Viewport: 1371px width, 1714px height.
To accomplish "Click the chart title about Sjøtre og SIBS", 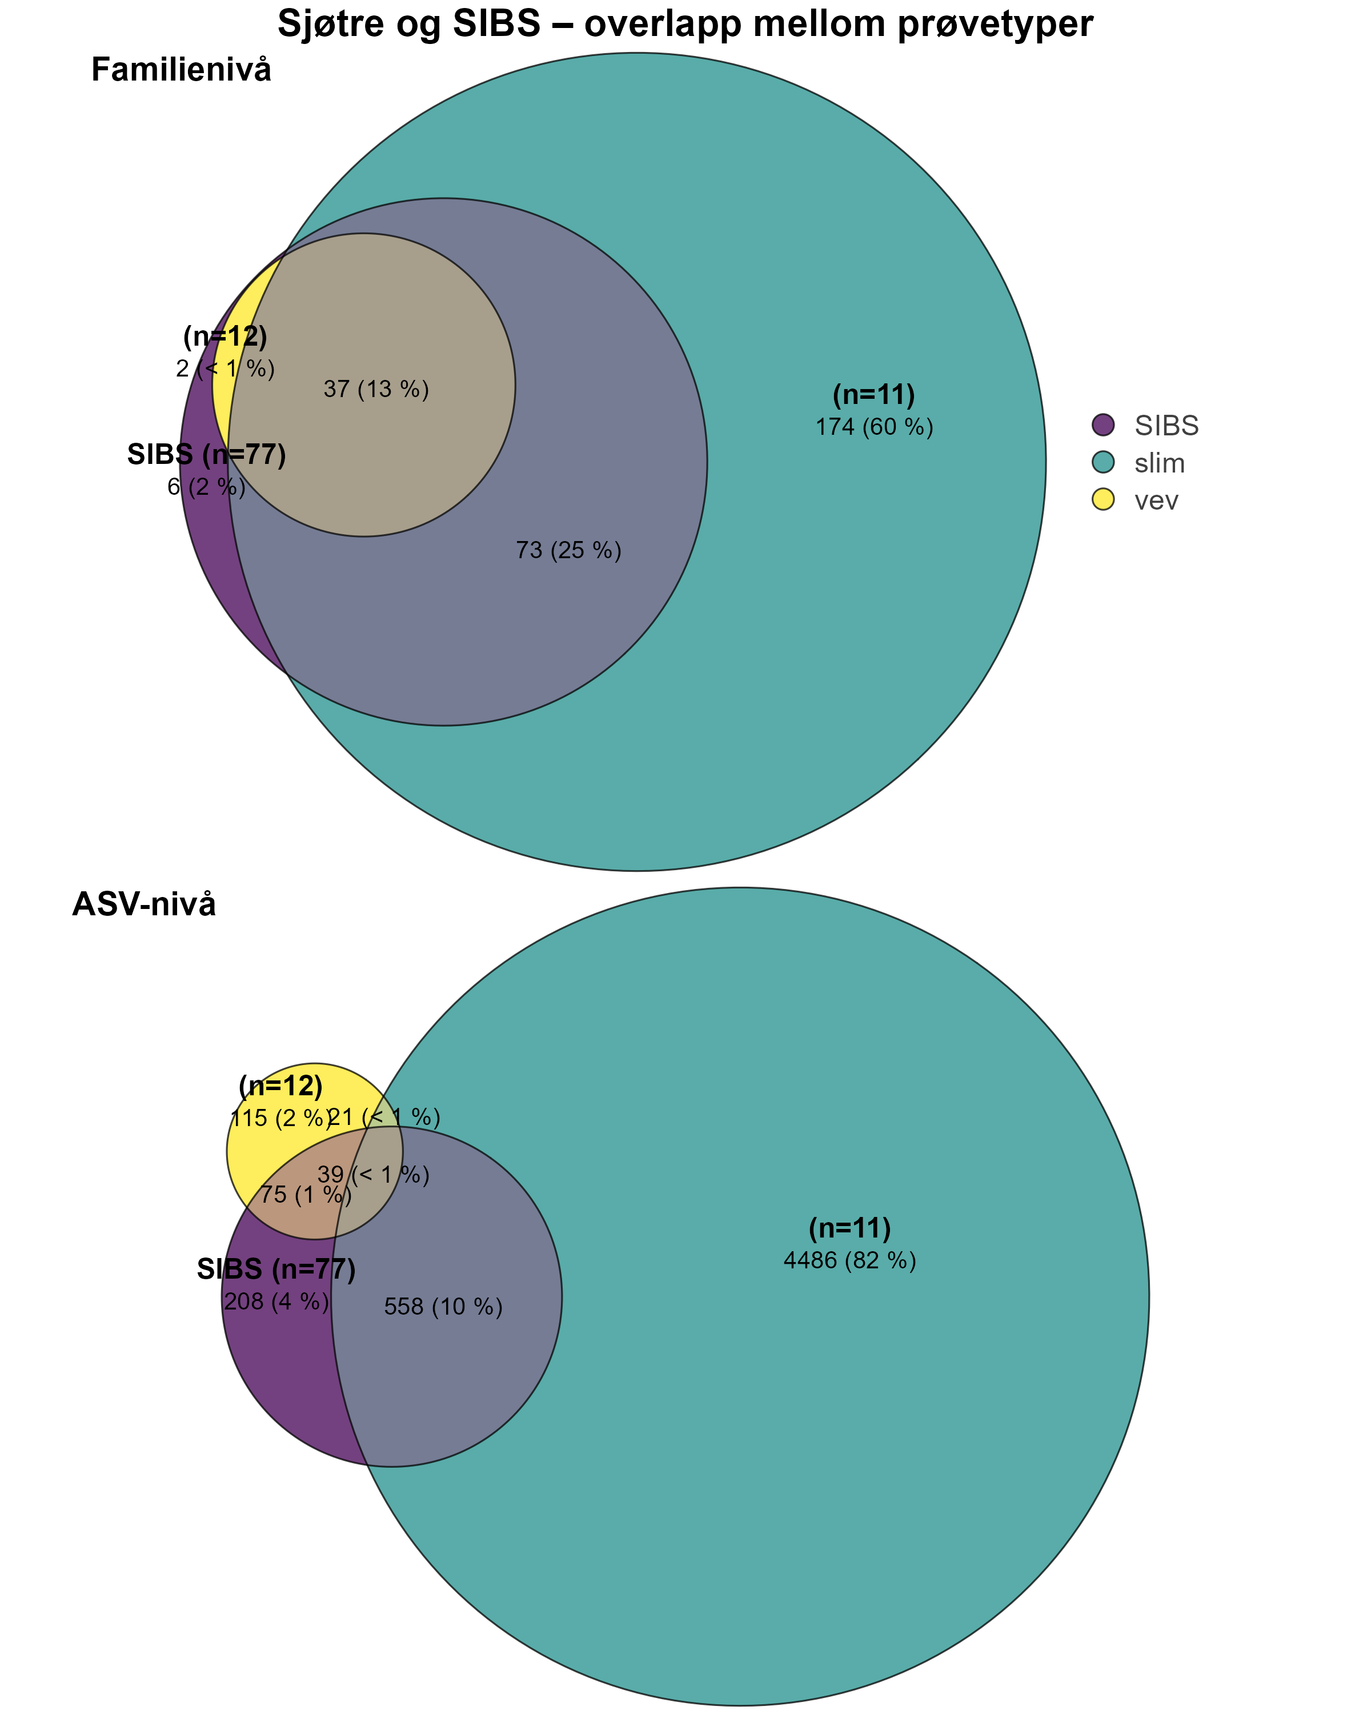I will pos(685,24).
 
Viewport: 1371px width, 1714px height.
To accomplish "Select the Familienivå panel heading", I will pos(181,70).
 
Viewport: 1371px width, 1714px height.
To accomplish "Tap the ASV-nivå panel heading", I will pos(144,904).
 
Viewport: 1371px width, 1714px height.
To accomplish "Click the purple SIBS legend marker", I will pos(1103,425).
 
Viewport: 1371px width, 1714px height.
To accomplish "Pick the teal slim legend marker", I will pos(1103,463).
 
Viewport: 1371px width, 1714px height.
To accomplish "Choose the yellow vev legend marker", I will pos(1103,500).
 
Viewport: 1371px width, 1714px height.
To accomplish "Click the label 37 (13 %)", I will pos(376,390).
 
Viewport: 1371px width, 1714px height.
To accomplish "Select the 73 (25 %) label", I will pos(568,550).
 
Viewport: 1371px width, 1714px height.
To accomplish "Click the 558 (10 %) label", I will pos(443,1307).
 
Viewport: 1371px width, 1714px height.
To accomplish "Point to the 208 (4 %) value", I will pos(276,1301).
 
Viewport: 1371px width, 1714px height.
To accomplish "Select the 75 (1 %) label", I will pos(305,1194).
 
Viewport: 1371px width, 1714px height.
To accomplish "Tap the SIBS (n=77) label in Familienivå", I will pos(207,455).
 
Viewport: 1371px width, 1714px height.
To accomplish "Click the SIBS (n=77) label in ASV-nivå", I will pos(276,1269).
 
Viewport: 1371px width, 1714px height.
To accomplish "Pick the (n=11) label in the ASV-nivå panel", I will pos(849,1228).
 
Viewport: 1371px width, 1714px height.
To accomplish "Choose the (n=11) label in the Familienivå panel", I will pos(874,395).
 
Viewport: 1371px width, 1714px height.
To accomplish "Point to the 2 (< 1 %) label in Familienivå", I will pos(226,369).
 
